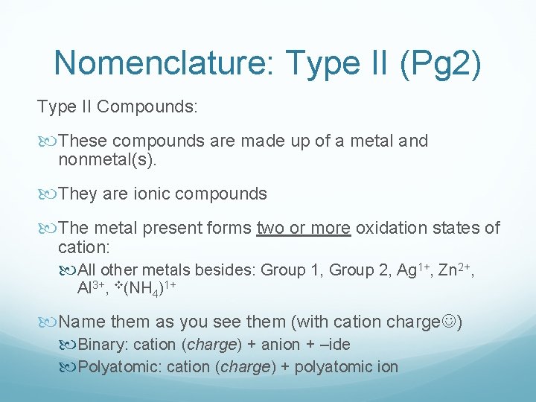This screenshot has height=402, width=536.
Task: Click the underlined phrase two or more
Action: pos(303,228)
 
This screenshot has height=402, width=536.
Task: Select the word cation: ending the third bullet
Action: pos(83,246)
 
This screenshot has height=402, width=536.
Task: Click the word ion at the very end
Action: pos(389,366)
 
